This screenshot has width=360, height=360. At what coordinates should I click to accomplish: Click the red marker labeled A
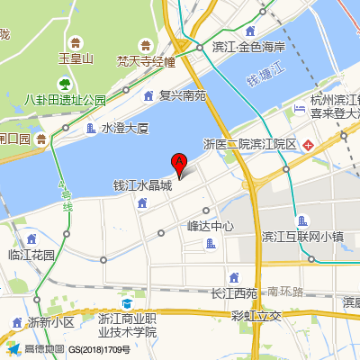(178, 164)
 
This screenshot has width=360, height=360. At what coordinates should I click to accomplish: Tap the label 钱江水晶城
(141, 186)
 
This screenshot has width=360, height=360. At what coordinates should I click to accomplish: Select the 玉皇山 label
(76, 59)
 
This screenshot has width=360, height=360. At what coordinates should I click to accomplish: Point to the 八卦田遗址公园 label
(66, 100)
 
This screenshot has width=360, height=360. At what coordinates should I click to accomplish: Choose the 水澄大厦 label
(125, 129)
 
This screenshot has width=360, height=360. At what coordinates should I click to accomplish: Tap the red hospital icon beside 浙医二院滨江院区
(308, 144)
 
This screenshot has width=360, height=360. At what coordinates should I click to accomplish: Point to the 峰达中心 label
(211, 226)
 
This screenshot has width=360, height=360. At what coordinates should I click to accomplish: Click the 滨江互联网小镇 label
(302, 238)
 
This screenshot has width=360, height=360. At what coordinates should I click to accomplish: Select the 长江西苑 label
(234, 292)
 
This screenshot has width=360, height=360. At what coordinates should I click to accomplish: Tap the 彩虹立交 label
(256, 315)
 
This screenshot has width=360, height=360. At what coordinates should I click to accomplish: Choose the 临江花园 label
(31, 255)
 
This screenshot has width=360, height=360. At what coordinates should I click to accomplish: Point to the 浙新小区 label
(50, 322)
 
